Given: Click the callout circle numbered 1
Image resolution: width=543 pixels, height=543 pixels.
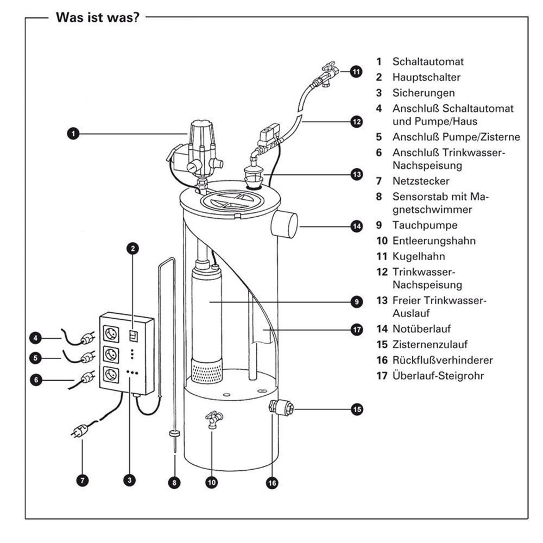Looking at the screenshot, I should coord(73,133).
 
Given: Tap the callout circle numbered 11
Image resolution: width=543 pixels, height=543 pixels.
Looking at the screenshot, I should coord(356,71).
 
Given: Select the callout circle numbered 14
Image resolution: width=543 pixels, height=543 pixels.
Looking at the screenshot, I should coord(356,225).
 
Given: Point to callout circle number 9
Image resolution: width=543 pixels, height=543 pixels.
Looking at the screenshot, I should coord(356,301).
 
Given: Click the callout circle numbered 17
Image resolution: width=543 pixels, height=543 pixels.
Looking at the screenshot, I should coord(356,330).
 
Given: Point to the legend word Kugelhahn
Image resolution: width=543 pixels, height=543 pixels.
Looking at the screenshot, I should coord(419,256).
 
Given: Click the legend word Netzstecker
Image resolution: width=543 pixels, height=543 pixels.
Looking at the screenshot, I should coord(421,180).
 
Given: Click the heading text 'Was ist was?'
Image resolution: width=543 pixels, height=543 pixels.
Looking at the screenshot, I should coord(98,17).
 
